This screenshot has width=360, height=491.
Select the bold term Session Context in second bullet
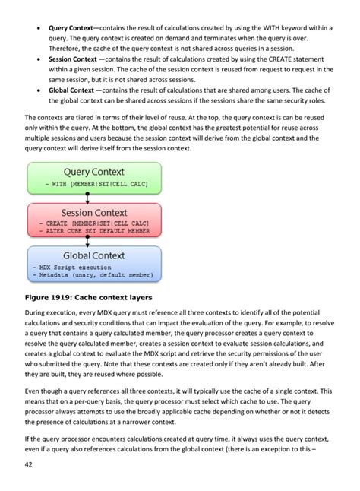tap(72, 58)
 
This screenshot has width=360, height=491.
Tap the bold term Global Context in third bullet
tap(71, 90)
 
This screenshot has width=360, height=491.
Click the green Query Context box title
tap(95, 171)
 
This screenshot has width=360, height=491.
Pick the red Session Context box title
tap(95, 213)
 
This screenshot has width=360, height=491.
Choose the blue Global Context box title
tap(95, 256)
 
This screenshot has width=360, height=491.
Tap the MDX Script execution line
tap(69, 268)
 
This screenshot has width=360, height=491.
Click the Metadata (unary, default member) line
tap(93, 275)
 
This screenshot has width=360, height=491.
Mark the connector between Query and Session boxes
tap(88, 198)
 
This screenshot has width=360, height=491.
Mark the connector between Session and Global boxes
tap(88, 240)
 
